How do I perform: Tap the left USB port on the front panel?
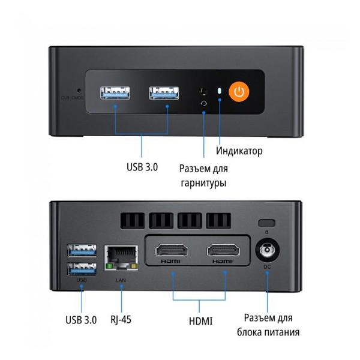116,92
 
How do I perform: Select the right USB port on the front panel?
164,92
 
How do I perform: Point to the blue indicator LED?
220,92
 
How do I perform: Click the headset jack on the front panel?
204,103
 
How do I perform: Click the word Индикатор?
239,151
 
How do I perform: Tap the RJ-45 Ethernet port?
122,256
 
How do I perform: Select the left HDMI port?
173,250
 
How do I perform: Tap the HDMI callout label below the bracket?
200,321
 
